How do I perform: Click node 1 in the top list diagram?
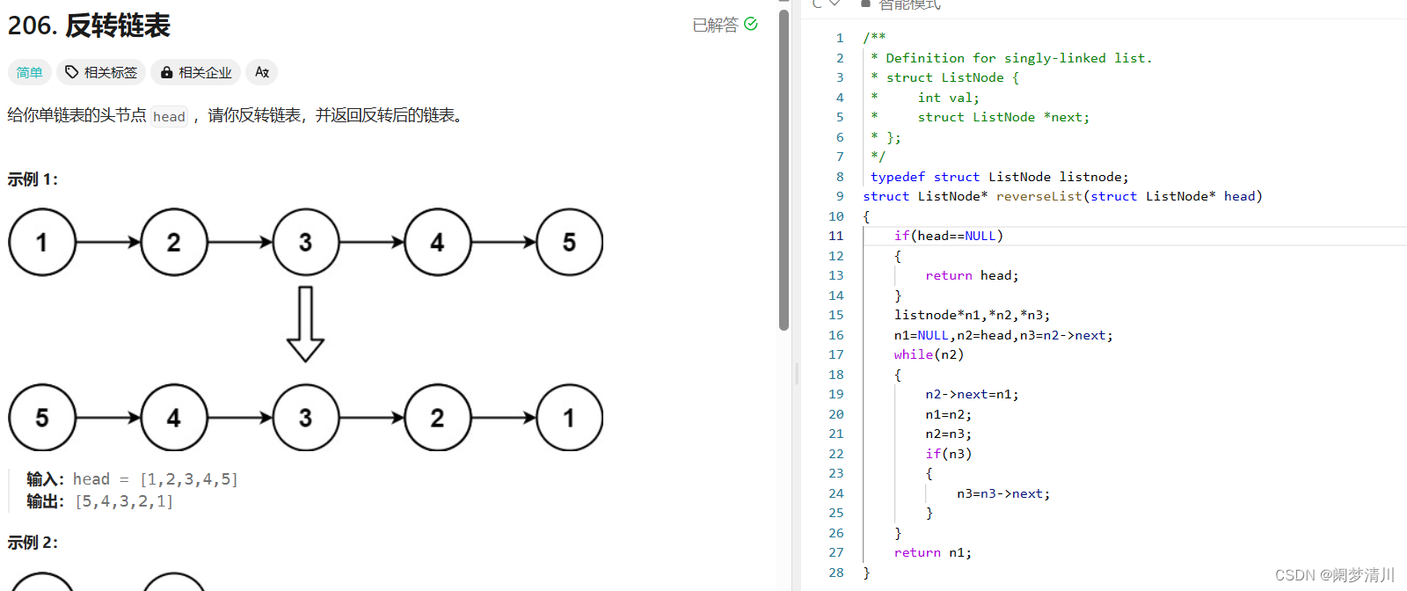[42, 242]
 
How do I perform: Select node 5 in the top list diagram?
[570, 242]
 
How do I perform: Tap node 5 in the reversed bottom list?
[42, 418]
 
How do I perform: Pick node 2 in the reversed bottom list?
[438, 418]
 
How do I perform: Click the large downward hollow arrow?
[305, 324]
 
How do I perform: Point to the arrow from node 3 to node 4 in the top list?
[372, 242]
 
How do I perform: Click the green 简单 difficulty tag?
[30, 72]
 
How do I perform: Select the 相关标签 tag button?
[101, 72]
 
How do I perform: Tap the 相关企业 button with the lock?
[196, 72]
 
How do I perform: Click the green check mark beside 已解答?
[751, 24]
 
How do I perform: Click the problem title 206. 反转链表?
[89, 26]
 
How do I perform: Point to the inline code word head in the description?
[170, 117]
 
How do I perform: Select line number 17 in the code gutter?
[836, 354]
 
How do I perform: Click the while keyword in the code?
[914, 354]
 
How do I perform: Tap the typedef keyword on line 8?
[898, 177]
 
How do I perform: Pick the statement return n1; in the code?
[933, 552]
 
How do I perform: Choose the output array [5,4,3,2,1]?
[124, 501]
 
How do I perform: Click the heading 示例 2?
[33, 543]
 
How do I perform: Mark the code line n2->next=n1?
[972, 394]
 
